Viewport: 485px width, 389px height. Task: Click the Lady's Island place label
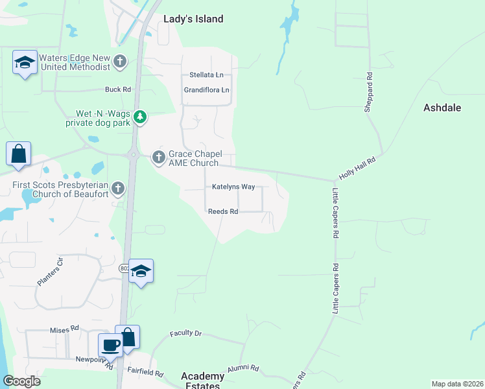194,19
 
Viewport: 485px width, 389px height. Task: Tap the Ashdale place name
442,108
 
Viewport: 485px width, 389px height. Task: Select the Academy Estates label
202,381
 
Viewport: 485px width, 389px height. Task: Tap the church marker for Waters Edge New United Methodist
119,62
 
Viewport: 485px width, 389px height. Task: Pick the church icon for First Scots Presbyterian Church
117,189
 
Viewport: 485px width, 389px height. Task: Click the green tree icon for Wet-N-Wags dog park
140,117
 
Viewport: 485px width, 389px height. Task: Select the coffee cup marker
110,345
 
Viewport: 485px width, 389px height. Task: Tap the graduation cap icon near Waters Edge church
25,64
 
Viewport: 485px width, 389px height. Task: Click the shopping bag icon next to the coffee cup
128,336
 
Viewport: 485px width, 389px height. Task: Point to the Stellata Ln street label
206,75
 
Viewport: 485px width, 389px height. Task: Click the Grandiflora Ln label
207,90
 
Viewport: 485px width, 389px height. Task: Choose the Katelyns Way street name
233,187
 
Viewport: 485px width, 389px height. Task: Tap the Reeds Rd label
223,211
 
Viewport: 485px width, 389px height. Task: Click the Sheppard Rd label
368,92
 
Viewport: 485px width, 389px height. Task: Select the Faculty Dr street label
186,333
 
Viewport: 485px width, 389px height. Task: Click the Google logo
21,381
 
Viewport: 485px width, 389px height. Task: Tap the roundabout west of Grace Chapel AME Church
132,154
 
